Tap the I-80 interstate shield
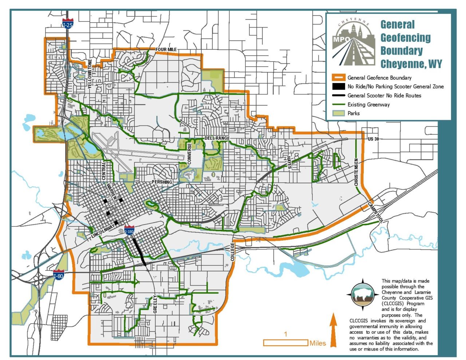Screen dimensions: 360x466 [x=59, y=274]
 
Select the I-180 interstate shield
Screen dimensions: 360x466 [x=129, y=230]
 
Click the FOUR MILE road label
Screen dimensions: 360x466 [x=166, y=50]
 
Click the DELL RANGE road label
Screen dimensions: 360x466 [x=217, y=138]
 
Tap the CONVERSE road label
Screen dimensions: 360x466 [x=189, y=153]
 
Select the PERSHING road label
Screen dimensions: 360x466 [x=162, y=182]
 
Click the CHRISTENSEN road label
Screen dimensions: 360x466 [x=356, y=172]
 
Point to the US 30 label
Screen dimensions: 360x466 [x=374, y=139]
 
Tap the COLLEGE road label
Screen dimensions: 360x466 [x=232, y=252]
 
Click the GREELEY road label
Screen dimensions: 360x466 [x=155, y=304]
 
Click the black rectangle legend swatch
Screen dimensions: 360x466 [x=338, y=87]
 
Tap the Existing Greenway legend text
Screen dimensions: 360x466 [x=368, y=104]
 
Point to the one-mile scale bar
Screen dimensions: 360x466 [x=286, y=343]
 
